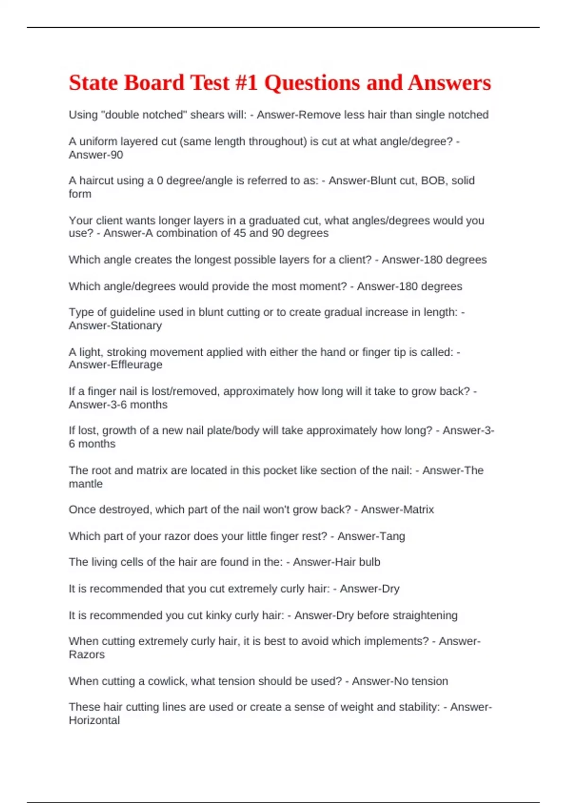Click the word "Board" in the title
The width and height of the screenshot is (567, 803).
154,83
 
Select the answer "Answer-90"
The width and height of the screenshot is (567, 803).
96,155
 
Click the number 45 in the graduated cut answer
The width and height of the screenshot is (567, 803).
240,233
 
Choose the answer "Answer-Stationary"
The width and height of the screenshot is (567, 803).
115,325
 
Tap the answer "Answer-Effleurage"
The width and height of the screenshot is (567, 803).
115,365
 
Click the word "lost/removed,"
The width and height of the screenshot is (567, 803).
180,392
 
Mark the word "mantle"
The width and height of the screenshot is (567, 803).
86,484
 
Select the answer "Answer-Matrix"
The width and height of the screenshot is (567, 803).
397,510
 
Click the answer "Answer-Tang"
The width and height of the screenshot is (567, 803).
371,536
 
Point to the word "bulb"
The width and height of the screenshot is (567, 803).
369,562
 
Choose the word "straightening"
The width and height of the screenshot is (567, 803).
425,615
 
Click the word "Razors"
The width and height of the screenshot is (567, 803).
86,655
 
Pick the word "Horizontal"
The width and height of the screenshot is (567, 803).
94,720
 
